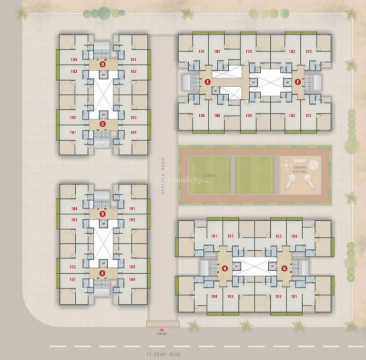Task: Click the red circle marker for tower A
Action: coord(102,273)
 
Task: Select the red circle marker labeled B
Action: coord(102,214)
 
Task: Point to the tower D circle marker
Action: coord(102,64)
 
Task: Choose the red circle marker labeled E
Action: coord(207,82)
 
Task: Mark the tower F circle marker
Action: coord(299,82)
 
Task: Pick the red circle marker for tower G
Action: coord(285,268)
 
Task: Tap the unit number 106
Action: coord(202,116)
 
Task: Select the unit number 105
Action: coord(217,116)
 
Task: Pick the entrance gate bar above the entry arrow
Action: coord(163,324)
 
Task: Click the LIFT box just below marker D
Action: coord(102,75)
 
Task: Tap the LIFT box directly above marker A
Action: coord(102,263)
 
